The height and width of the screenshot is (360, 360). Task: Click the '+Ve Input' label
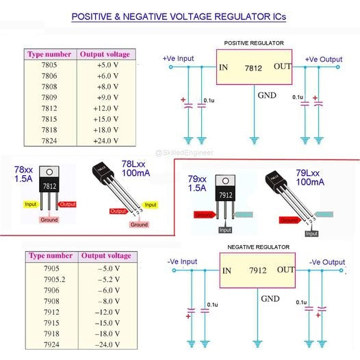click(179, 59)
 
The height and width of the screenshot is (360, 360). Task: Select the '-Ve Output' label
click(326, 261)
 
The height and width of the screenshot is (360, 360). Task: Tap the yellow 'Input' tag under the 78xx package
click(31, 204)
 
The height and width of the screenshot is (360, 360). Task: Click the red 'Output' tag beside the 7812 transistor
click(68, 204)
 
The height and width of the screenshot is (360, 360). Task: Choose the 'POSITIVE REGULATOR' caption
click(255, 43)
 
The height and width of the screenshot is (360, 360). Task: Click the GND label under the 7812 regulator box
click(267, 94)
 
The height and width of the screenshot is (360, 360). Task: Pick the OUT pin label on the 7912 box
click(286, 270)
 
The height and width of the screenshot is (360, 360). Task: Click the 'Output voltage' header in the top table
click(104, 53)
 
